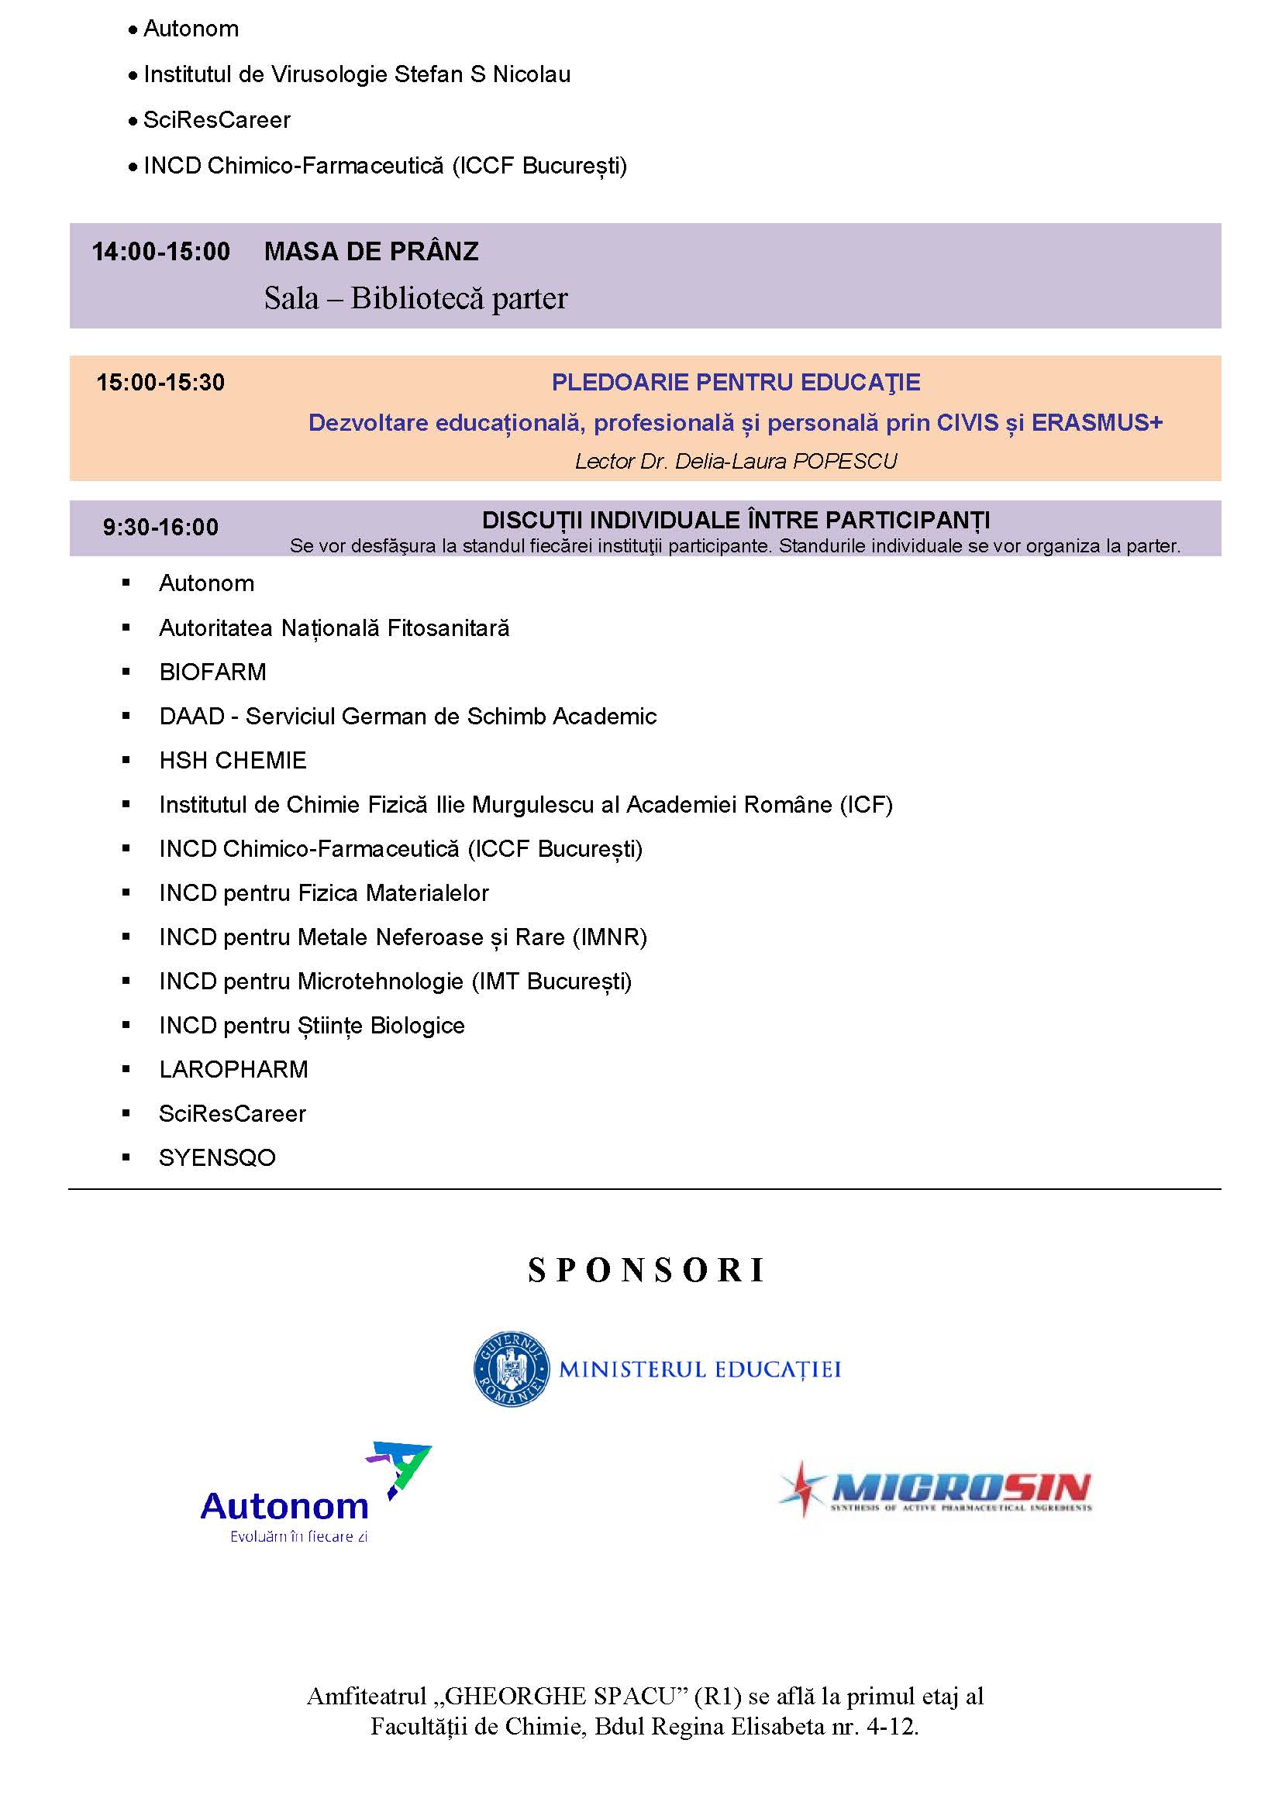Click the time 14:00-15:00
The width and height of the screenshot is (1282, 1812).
coord(160,252)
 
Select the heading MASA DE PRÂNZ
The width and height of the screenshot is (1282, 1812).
coord(371,252)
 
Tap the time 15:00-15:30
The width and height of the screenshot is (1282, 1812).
coord(160,383)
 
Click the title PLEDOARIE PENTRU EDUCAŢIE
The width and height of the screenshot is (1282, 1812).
coord(736,383)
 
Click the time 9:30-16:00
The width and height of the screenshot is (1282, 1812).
coord(160,528)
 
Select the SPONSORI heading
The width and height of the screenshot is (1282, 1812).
coord(646,1270)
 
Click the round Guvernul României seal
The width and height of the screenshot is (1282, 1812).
coord(511,1368)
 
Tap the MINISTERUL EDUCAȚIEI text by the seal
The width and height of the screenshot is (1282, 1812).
coord(699,1369)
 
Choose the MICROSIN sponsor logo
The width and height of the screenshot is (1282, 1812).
coord(936,1489)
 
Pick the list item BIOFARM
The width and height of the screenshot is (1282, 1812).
coord(213,672)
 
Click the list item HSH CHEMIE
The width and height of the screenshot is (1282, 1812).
coord(233,761)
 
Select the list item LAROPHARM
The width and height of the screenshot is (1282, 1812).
coord(233,1070)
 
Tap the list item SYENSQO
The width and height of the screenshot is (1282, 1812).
coord(217,1158)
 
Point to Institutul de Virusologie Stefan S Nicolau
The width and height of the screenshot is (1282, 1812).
coord(357,75)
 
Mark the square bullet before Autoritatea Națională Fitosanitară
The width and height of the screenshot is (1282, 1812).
coord(126,627)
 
